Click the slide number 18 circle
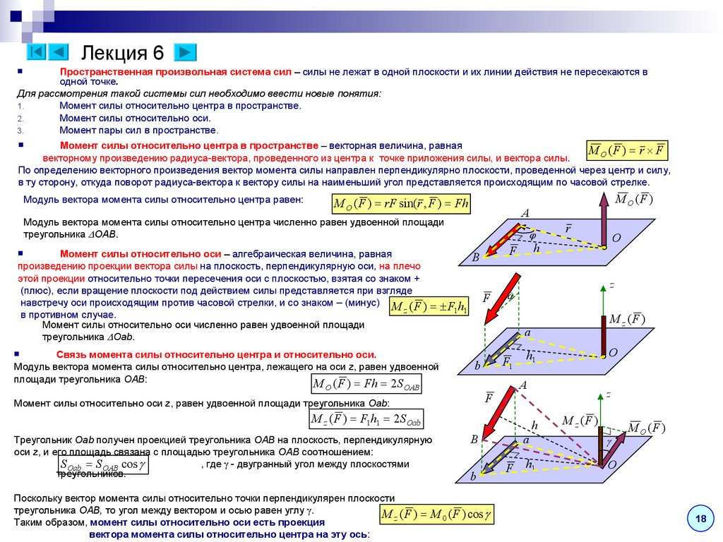pyautogui.click(x=701, y=519)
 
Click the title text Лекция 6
pyautogui.click(x=123, y=52)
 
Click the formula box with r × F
pyautogui.click(x=627, y=151)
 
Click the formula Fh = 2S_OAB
pyautogui.click(x=367, y=384)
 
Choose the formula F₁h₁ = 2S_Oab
pyautogui.click(x=366, y=419)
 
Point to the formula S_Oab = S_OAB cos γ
pyautogui.click(x=102, y=465)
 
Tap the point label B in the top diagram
pyautogui.click(x=475, y=258)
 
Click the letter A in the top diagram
pyautogui.click(x=525, y=214)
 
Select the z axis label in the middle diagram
pyautogui.click(x=611, y=285)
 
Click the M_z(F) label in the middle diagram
pyautogui.click(x=627, y=319)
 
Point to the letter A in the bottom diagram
pyautogui.click(x=523, y=385)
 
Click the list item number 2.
pyautogui.click(x=20, y=119)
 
